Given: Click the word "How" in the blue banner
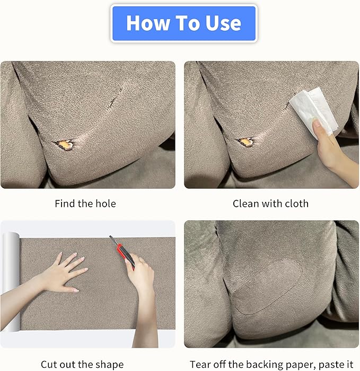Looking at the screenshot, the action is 148,23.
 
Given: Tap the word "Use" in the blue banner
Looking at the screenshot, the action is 223,23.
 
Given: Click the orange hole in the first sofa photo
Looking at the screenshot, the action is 64,144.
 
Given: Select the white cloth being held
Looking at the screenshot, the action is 314,110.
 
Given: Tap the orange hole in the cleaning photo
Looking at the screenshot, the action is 245,142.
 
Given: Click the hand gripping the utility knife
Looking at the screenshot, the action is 139,272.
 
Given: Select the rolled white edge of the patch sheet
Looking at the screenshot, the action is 11,281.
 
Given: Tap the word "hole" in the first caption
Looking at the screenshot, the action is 107,204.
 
